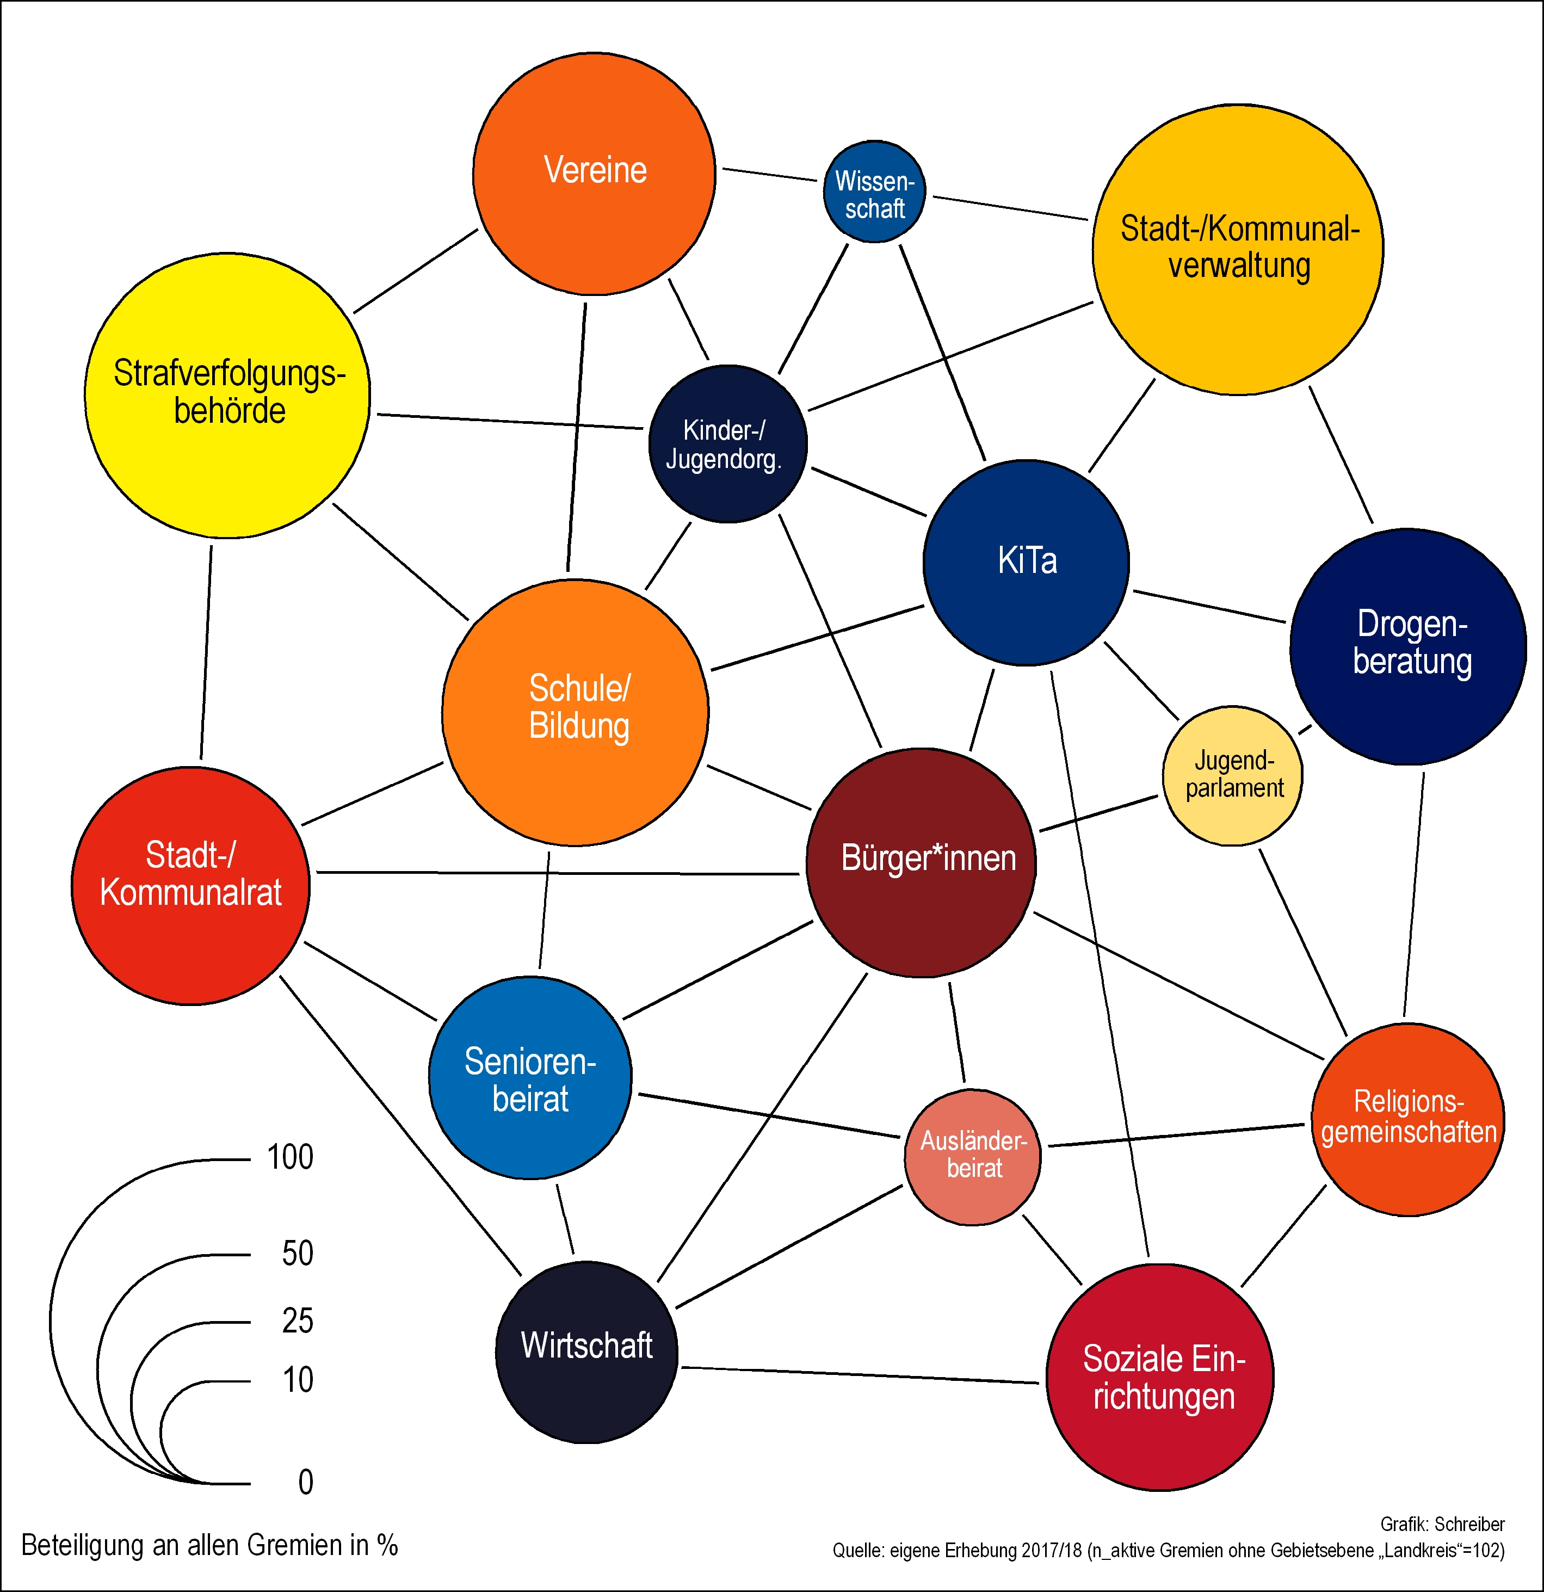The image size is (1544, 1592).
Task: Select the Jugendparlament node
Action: point(1232,776)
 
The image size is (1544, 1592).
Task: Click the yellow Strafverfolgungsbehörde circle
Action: point(227,395)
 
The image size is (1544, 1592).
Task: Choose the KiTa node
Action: point(1026,562)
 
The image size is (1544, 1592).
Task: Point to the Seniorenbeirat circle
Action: point(529,1078)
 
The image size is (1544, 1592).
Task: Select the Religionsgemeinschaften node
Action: point(1407,1119)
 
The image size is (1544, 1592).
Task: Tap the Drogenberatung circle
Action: point(1407,646)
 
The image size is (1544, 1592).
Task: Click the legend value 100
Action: point(290,1157)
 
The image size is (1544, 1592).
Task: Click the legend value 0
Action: point(305,1482)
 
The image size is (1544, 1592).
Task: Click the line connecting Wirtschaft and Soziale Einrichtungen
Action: point(859,1374)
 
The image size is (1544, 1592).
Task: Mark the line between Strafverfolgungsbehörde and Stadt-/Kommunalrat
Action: point(206,652)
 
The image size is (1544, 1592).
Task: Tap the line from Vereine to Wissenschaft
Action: point(769,174)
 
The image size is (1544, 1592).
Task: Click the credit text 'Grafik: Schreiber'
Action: point(1442,1525)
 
